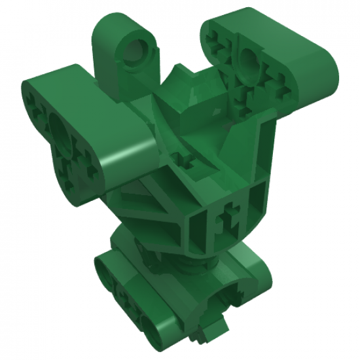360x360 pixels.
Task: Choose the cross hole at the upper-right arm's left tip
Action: tap(216, 33)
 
